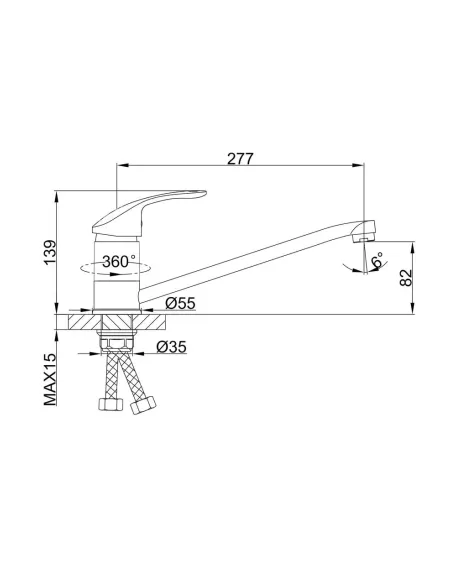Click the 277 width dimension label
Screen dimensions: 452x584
click(x=240, y=159)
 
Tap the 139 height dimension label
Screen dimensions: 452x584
click(x=50, y=252)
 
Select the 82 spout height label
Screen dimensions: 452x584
click(x=406, y=277)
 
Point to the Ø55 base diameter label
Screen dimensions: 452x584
click(x=180, y=304)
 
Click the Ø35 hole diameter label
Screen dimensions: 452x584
click(x=171, y=347)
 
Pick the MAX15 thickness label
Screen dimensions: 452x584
click(x=50, y=379)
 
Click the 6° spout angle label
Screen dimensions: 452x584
click(x=377, y=260)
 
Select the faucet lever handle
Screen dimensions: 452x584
click(x=149, y=213)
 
